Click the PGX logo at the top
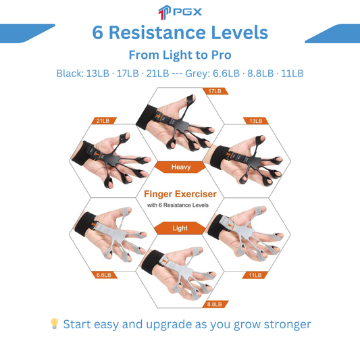pyautogui.click(x=180, y=12)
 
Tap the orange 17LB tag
pyautogui.click(x=215, y=91)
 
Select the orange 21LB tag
pyautogui.click(x=104, y=121)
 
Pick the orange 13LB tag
pyautogui.click(x=255, y=121)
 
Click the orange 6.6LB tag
pyautogui.click(x=104, y=275)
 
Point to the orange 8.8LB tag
pyautogui.click(x=215, y=304)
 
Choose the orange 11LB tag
pyautogui.click(x=255, y=275)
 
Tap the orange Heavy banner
pyautogui.click(x=180, y=167)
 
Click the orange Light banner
pyautogui.click(x=180, y=228)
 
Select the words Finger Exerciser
pyautogui.click(x=180, y=195)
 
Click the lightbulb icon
pyautogui.click(x=54, y=324)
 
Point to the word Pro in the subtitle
pyautogui.click(x=221, y=55)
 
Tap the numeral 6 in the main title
pyautogui.click(x=97, y=32)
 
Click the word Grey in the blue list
pyautogui.click(x=197, y=74)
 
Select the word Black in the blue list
pyautogui.click(x=70, y=74)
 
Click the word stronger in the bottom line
pyautogui.click(x=288, y=325)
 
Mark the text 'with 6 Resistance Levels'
pyautogui.click(x=178, y=205)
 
